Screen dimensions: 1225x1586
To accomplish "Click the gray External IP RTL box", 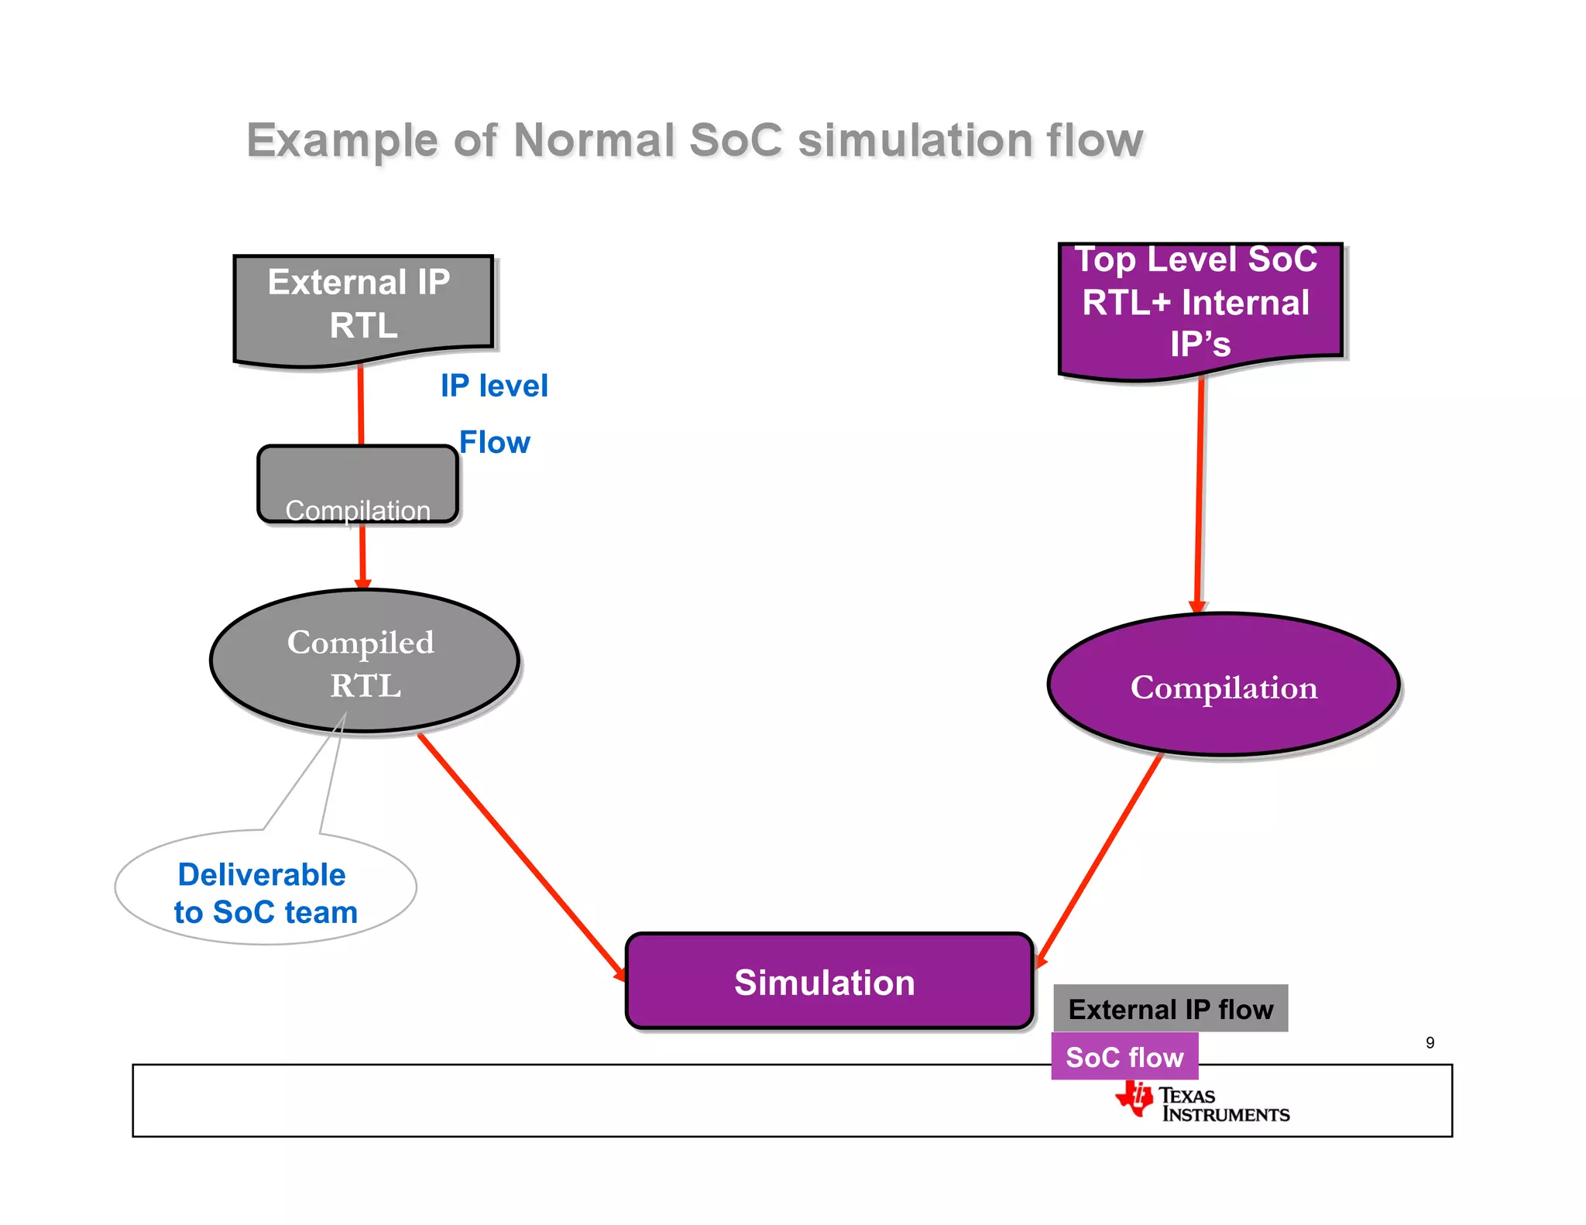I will click(362, 306).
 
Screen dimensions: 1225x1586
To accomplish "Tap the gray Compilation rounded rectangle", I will click(357, 484).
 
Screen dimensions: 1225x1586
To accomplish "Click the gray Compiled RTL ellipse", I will click(364, 662).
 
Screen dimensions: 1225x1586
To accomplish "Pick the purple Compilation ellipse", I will click(1223, 685).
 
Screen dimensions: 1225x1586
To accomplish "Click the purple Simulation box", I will click(828, 982).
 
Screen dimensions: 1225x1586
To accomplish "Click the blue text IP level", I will click(494, 386).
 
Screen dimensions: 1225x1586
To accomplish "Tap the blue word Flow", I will click(494, 442).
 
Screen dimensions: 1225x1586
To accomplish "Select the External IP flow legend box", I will click(1170, 1009).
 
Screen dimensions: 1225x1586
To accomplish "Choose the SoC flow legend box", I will click(1124, 1056).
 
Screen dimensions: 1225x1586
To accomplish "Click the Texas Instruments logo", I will click(1202, 1103).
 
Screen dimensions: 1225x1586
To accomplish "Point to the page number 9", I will click(1430, 1043).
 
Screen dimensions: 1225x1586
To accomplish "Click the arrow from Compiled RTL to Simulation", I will click(520, 856).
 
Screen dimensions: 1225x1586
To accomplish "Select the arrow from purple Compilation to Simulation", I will click(1100, 858).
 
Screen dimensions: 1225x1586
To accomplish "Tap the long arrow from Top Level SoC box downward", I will click(1200, 496).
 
